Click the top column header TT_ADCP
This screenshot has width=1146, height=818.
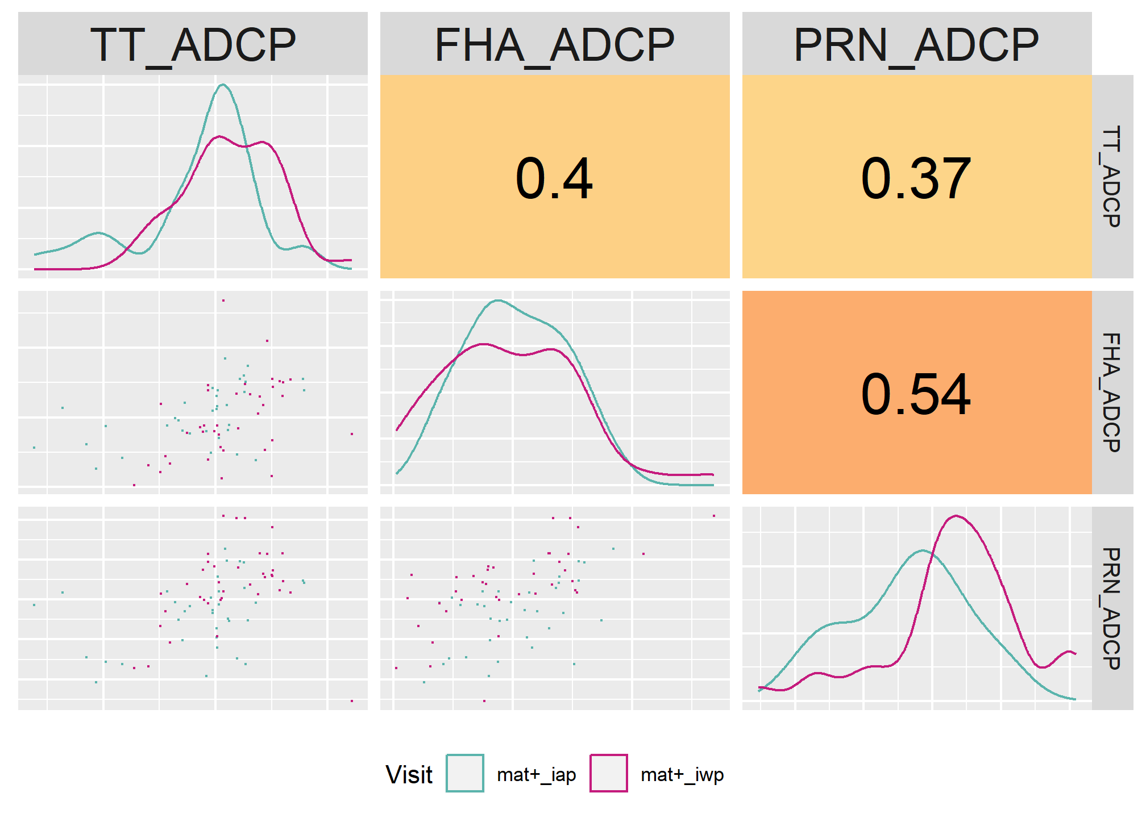193,45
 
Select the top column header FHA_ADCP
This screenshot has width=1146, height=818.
555,45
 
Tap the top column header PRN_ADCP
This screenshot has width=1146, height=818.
916,45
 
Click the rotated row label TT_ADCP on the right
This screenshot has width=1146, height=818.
1112,177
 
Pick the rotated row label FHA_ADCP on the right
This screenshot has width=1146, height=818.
1112,393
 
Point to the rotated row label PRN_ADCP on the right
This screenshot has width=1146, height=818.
1112,608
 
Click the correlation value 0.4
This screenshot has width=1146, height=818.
554,179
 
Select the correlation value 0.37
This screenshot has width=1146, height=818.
916,179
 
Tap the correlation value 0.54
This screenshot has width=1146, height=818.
916,394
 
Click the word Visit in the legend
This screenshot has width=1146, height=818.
409,774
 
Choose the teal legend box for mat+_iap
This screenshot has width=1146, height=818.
465,773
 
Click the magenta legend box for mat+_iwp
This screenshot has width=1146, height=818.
609,773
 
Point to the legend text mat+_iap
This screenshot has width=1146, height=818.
537,775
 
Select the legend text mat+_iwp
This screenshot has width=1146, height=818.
682,775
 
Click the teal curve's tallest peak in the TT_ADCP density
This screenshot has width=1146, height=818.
223,85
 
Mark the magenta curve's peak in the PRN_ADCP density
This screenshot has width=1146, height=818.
957,516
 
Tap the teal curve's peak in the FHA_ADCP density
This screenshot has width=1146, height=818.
498,301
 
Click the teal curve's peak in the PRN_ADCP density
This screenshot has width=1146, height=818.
922,550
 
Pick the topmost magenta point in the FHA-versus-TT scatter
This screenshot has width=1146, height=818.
223,301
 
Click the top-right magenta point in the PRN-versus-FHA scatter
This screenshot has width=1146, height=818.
714,516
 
